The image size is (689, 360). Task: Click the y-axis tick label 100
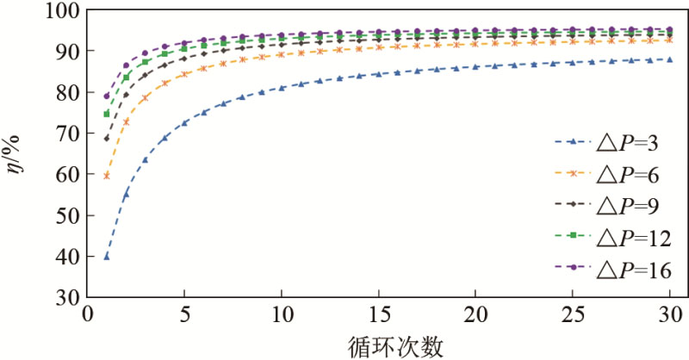tap(59, 12)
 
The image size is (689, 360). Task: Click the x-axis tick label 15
tap(378, 317)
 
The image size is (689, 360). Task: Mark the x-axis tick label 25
tap(572, 317)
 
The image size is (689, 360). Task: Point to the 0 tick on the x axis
tap(87, 317)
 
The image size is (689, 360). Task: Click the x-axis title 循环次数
tap(379, 345)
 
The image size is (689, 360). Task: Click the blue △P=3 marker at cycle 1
tap(107, 257)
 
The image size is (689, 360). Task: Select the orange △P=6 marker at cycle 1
tap(107, 176)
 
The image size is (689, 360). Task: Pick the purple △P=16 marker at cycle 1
tap(107, 96)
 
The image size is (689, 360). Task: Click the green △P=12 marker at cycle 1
tap(107, 114)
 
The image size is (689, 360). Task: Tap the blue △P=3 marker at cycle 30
tap(669, 59)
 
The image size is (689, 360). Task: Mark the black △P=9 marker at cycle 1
tap(107, 139)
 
